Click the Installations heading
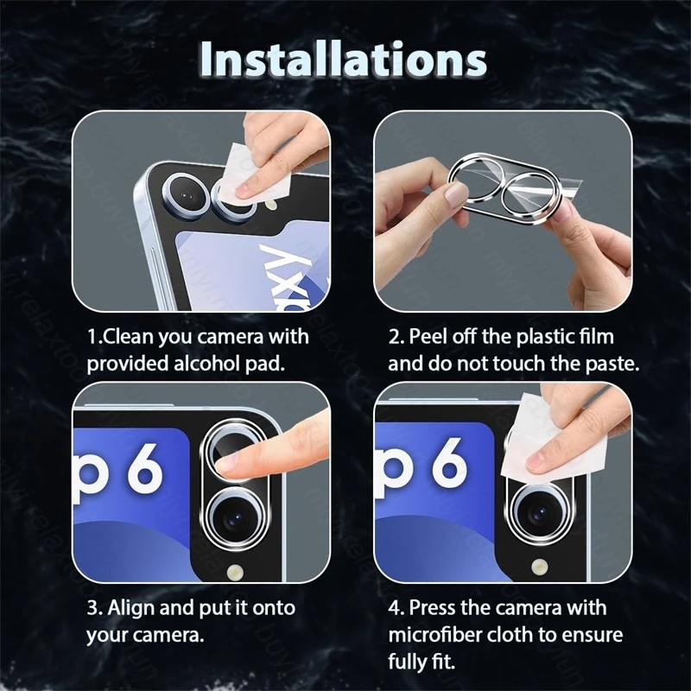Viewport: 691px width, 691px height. pos(344,60)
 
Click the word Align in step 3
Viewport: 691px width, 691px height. pos(131,608)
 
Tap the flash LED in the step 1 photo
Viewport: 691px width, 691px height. pos(272,204)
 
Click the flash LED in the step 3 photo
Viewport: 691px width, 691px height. pos(235,572)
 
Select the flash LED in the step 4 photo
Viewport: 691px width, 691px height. pos(539,567)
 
